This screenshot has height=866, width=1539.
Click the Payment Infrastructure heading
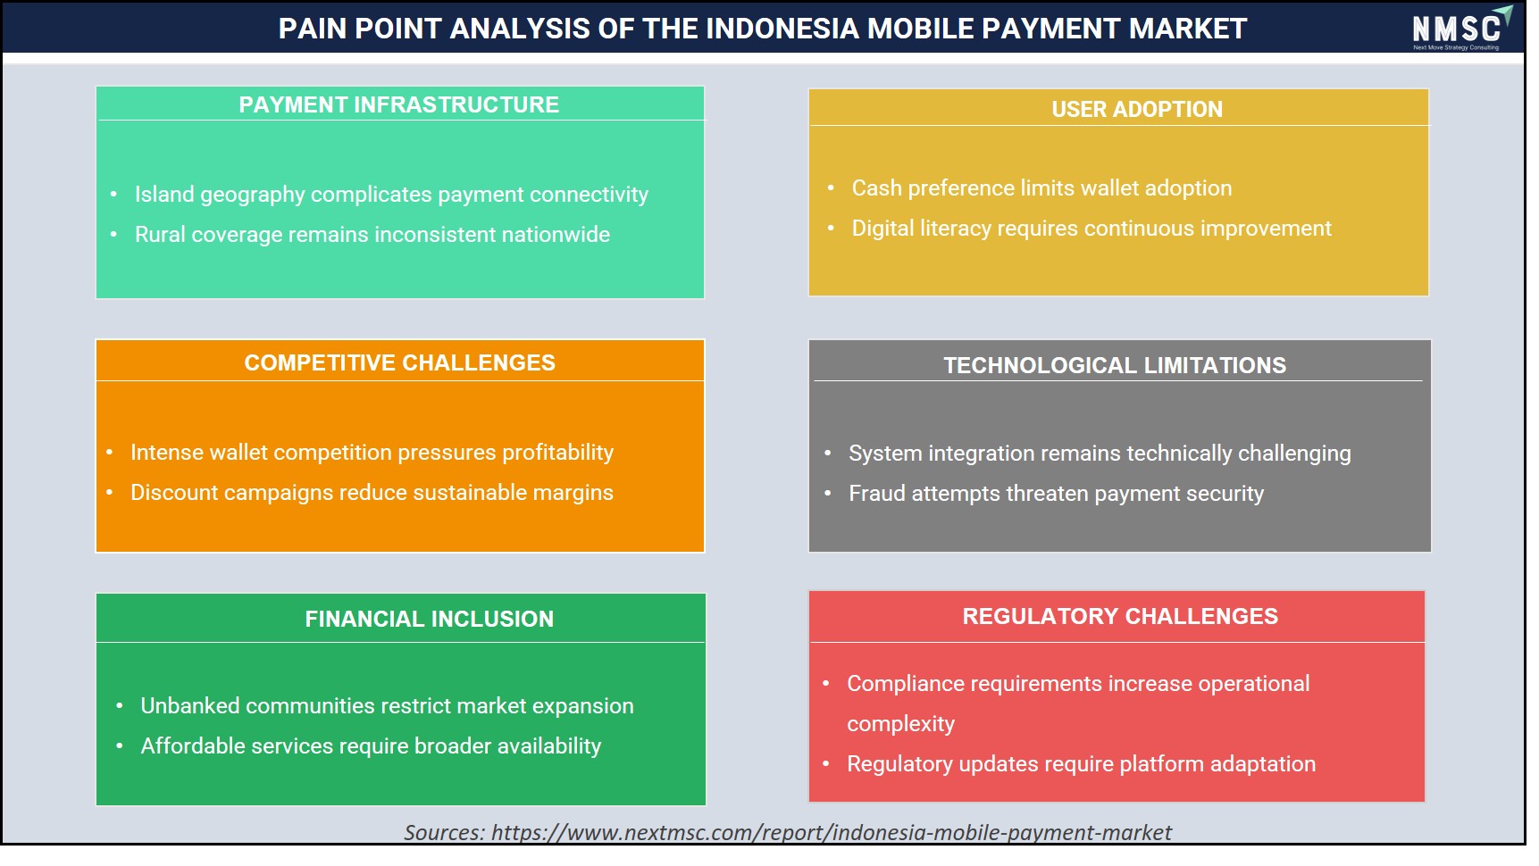coord(398,104)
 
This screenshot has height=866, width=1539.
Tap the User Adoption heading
coord(1136,109)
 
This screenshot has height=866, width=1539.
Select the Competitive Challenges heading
coord(399,362)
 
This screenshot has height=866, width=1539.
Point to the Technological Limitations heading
coord(1115,365)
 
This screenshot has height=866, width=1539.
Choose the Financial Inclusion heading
coord(429,619)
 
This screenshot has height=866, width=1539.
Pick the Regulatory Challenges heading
coord(1120,616)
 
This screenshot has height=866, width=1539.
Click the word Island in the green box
coord(164,194)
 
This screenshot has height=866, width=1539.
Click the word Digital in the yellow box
coord(883,229)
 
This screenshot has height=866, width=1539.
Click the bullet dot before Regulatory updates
coord(826,763)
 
